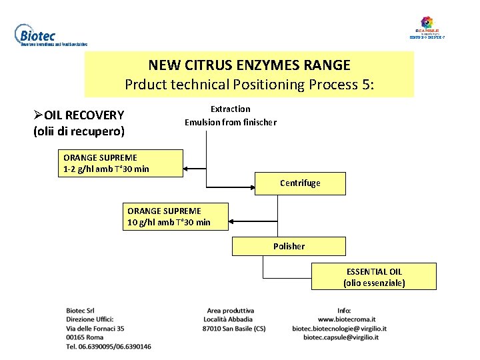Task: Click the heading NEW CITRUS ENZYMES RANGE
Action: click(x=249, y=65)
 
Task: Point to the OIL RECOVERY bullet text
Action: click(x=83, y=115)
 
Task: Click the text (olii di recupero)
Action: click(x=79, y=131)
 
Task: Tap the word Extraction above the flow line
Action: click(x=231, y=109)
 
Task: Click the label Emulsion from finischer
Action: click(x=231, y=122)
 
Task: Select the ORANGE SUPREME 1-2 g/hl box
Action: click(x=121, y=163)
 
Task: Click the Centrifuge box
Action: click(x=300, y=183)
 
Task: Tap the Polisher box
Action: click(x=289, y=246)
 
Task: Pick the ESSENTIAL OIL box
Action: click(x=374, y=277)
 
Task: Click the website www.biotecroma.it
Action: click(x=347, y=319)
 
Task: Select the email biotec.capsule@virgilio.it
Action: click(x=341, y=337)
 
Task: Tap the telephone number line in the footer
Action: click(x=109, y=346)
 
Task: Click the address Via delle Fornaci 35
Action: click(x=95, y=328)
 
